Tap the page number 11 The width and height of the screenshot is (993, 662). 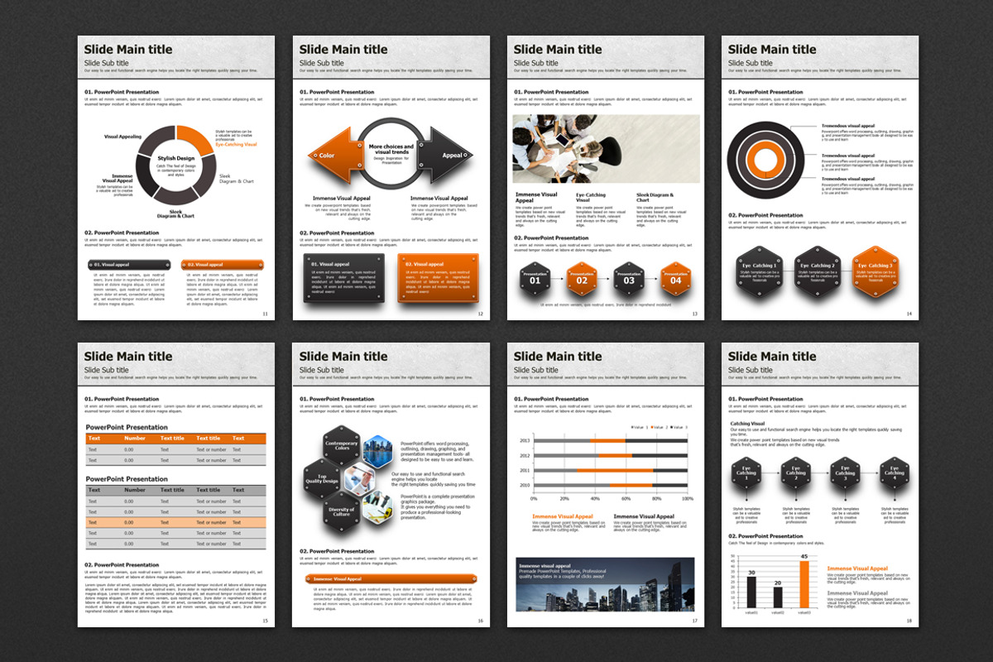click(x=265, y=314)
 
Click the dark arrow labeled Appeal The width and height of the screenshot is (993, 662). click(x=447, y=155)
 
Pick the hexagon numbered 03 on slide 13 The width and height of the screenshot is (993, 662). click(x=629, y=280)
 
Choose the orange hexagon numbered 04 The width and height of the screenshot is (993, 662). click(x=676, y=280)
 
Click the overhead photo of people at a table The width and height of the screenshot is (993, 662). click(x=606, y=149)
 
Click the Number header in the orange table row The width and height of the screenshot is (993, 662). click(x=135, y=439)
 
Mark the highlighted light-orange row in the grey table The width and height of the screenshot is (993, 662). click(x=175, y=522)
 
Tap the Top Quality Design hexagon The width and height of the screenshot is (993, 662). click(x=323, y=477)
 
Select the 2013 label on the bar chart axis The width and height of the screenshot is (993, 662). click(x=525, y=441)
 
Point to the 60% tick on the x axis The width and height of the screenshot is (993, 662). click(x=626, y=499)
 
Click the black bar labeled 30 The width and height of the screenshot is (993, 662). click(x=751, y=592)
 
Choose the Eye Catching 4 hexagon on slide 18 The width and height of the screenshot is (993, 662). click(x=894, y=475)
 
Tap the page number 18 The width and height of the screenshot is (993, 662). click(x=909, y=621)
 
